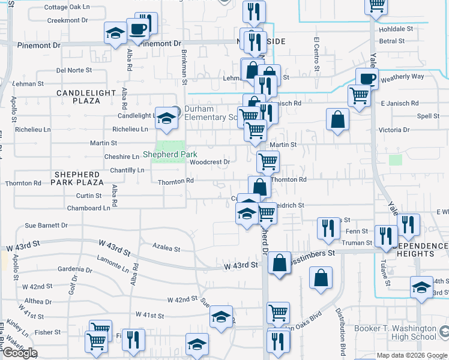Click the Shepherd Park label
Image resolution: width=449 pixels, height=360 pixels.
point(170,155)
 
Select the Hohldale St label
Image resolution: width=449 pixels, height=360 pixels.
point(396,28)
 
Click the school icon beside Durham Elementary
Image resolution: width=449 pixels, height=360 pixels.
point(164,118)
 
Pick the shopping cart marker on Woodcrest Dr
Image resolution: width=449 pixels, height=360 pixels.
point(268,161)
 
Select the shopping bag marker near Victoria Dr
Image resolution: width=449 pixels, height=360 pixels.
point(338,119)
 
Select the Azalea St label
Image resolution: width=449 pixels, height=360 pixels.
point(166,248)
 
